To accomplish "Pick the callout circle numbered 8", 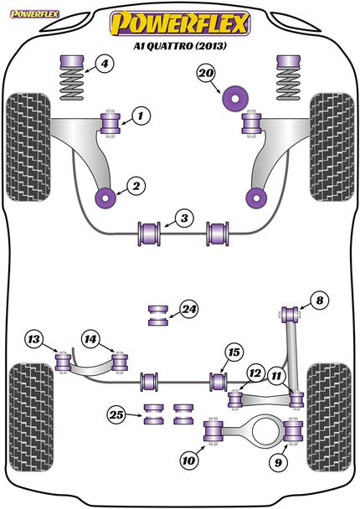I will coord(318,300).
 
